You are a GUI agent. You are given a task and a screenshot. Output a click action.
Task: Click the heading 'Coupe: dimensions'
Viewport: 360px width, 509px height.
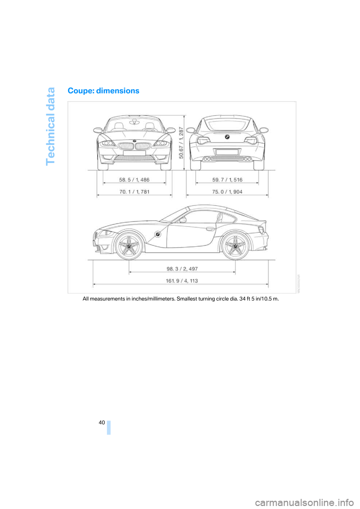point(103,91)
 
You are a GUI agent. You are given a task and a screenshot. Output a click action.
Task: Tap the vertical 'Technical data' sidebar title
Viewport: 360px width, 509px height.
point(50,126)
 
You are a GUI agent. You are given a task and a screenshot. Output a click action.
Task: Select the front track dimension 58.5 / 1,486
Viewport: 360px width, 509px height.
point(134,180)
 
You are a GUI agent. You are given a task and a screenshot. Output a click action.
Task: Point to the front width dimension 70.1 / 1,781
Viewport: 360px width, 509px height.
point(134,192)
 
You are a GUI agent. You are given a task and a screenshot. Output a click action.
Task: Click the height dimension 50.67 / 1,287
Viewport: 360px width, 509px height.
point(181,142)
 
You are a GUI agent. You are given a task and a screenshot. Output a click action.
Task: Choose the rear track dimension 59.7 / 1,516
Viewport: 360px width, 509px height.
point(227,180)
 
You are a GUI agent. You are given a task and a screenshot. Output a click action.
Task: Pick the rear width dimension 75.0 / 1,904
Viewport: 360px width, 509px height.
point(227,192)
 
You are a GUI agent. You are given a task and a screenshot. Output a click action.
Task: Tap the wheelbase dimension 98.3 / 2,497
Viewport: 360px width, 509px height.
point(182,269)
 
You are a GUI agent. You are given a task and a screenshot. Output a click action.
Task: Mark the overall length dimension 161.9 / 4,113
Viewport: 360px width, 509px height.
point(182,281)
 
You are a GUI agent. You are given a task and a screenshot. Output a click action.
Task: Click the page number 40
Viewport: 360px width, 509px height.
point(102,422)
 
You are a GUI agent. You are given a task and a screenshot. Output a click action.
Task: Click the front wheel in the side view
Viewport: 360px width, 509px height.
point(129,246)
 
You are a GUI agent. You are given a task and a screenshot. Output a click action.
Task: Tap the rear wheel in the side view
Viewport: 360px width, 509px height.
point(235,246)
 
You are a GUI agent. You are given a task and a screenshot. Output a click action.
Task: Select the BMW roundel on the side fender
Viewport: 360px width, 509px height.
point(158,234)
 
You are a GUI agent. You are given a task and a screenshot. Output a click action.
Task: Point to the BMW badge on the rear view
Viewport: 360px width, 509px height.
point(227,137)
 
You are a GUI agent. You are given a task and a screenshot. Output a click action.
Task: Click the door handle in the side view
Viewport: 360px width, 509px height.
point(210,229)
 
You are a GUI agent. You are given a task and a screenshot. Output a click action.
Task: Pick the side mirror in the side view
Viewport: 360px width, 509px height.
point(183,220)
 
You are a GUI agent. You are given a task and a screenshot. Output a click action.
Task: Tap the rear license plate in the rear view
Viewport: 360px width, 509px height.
point(227,152)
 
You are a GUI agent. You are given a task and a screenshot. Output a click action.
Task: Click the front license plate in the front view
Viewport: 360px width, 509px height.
point(134,153)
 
